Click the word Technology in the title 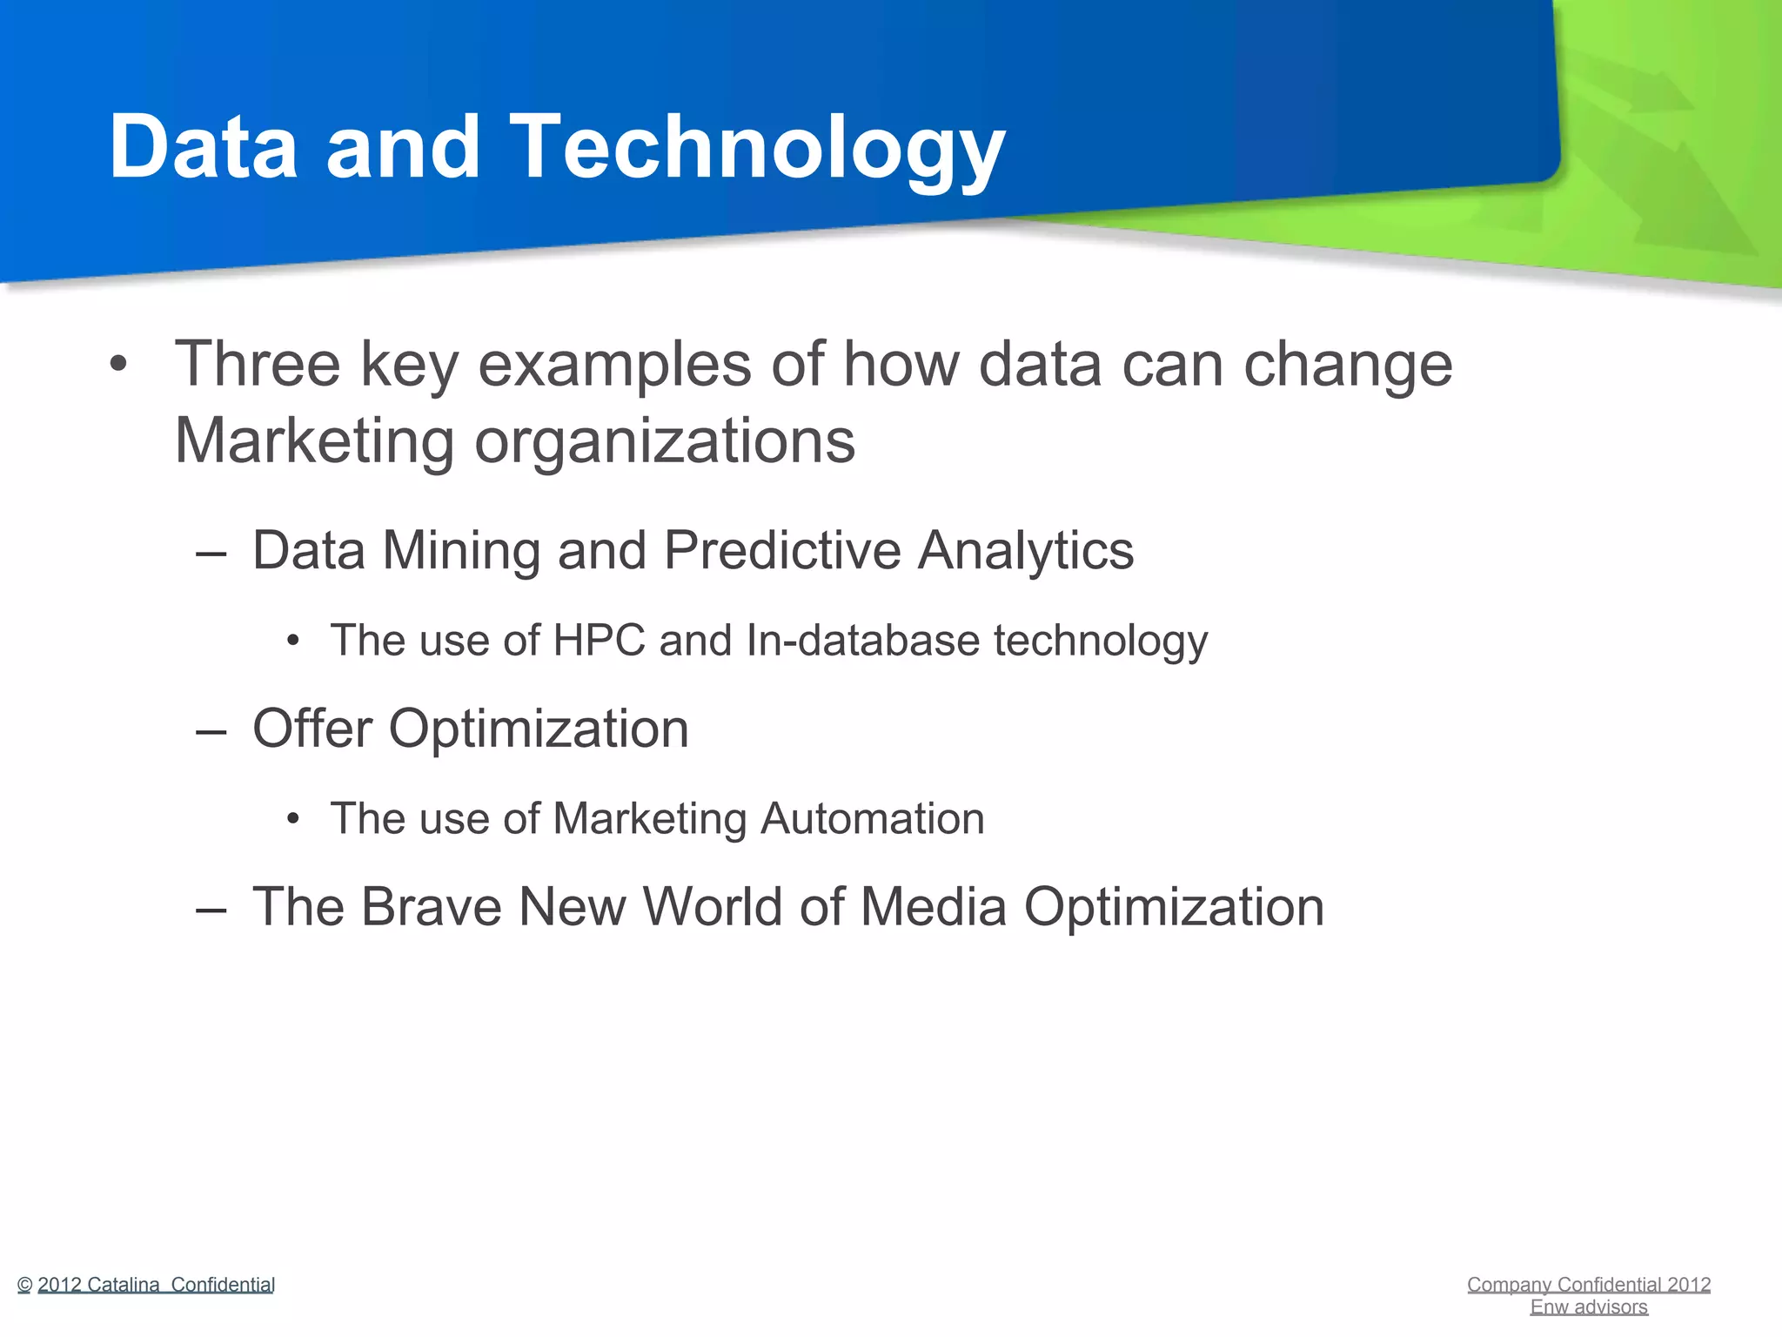(x=757, y=148)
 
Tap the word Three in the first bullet (x=258, y=364)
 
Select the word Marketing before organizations (x=314, y=440)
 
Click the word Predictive (x=782, y=551)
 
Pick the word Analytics (x=1026, y=551)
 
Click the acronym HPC (x=599, y=641)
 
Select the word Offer (x=312, y=729)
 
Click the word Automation (x=872, y=819)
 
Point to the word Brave (x=431, y=907)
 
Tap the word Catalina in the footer (x=124, y=1285)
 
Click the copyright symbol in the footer (x=24, y=1286)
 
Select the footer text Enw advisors (x=1589, y=1307)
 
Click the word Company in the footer (x=1509, y=1285)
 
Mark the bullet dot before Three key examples (x=118, y=364)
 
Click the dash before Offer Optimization (x=211, y=731)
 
